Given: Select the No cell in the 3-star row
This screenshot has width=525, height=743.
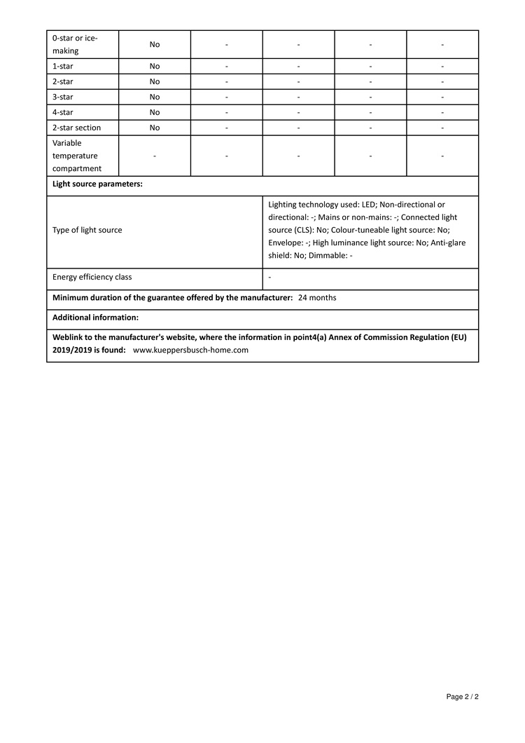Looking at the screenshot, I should point(155,97).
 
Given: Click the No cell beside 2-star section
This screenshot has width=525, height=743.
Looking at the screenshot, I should point(155,128).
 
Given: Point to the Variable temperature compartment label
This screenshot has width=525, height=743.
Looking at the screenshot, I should point(75,156).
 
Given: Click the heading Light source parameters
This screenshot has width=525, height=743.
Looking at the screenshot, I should point(97,185).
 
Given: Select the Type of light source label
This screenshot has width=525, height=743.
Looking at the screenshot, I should point(87,230).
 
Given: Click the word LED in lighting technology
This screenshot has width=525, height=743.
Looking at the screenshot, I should point(369,205).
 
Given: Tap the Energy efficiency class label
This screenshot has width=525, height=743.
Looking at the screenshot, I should point(92,277).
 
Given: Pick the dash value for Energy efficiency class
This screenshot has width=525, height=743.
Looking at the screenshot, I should point(270,277).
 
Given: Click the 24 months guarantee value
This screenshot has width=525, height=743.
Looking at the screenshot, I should point(317,298).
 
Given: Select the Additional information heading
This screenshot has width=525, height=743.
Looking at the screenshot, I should point(95,318).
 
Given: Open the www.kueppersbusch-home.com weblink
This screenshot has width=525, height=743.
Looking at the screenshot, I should point(190,350).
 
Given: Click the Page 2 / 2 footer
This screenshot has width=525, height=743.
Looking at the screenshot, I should point(462,697).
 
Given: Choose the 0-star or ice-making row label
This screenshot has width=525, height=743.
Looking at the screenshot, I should point(75,44).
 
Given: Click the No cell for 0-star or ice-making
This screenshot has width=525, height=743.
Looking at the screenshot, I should point(155,44).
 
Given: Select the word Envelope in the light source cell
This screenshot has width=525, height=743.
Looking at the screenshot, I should point(285,243).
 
